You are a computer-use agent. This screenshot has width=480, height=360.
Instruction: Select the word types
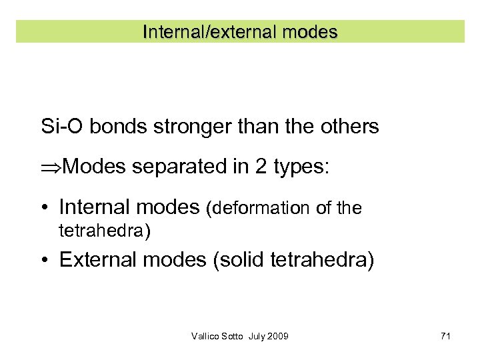coord(300,167)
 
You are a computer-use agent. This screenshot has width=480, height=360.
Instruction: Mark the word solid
coord(241,259)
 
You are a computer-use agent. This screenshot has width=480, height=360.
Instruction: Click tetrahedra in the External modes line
coord(321,260)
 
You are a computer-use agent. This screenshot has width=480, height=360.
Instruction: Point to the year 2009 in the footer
coord(277,336)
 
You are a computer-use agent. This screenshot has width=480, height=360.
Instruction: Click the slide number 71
coord(445,336)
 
